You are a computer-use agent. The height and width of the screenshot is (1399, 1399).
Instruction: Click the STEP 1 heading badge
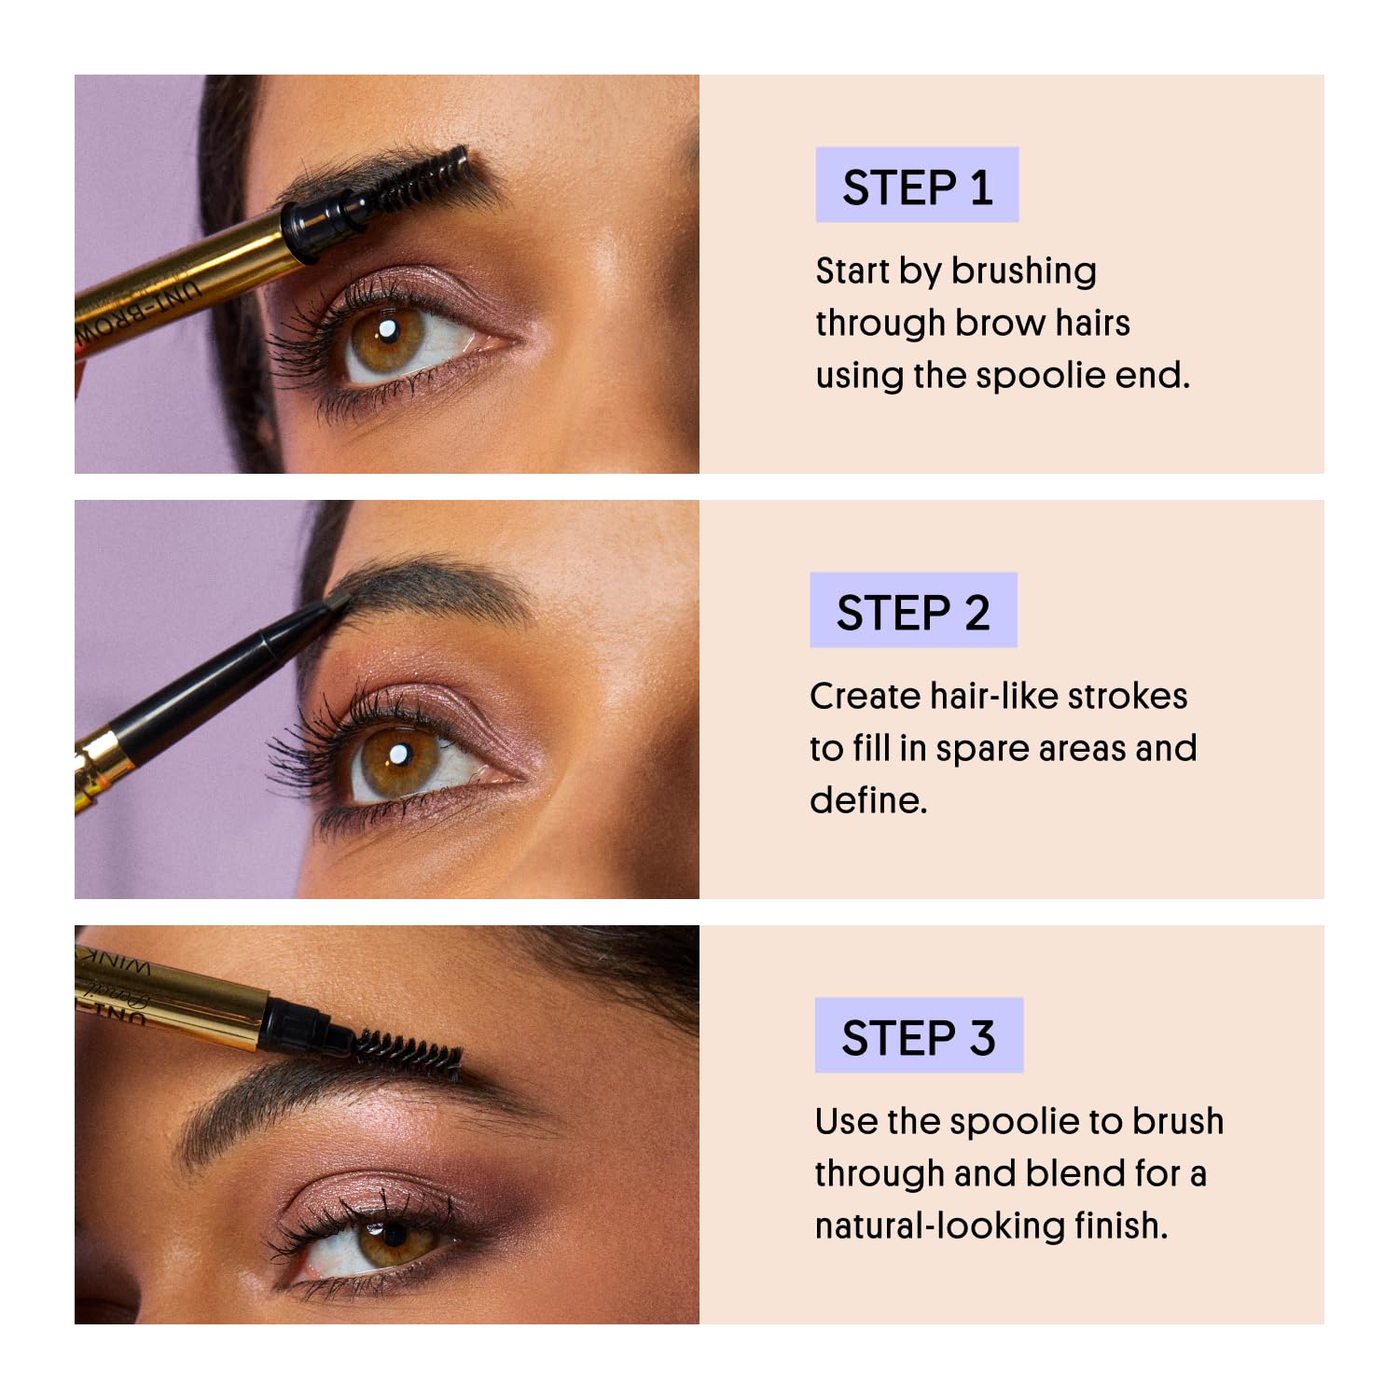pos(917,186)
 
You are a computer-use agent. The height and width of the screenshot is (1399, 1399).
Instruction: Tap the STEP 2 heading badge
pos(913,611)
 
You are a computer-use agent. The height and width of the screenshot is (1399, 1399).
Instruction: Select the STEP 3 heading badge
pos(919,1036)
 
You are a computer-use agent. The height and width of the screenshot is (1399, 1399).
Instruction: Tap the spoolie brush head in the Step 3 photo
pos(408,1053)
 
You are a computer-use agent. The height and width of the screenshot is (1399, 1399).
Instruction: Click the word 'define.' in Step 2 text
pos(868,801)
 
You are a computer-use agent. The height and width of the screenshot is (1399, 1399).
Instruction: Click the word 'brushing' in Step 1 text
pos(1024,271)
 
